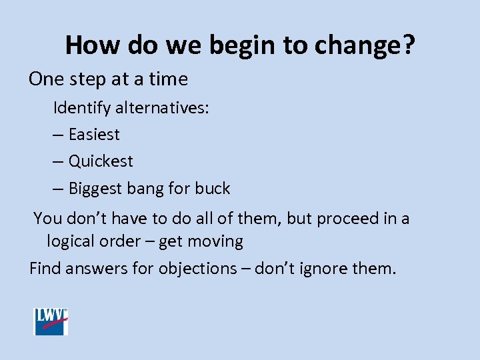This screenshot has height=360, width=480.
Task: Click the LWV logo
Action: click(51, 321)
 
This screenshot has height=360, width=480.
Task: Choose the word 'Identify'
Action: click(83, 107)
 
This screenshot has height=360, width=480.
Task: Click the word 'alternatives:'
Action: click(163, 107)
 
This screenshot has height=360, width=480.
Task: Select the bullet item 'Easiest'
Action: click(94, 135)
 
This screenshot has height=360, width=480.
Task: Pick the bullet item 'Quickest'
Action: click(101, 161)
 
